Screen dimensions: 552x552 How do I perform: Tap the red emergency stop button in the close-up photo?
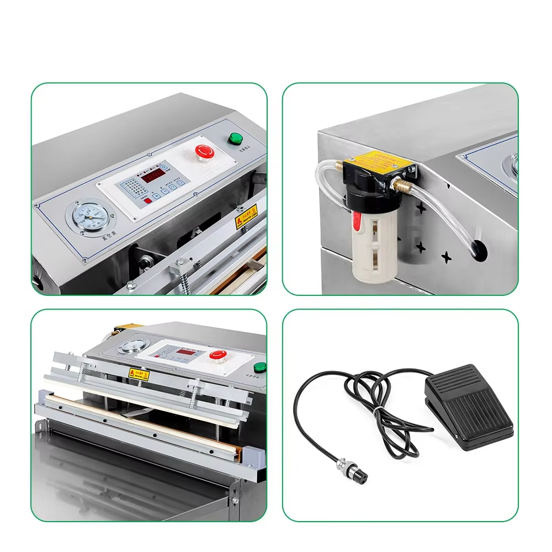[204, 151]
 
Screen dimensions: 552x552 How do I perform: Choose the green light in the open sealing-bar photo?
[257, 367]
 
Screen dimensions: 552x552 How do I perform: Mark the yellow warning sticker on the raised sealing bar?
[139, 373]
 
